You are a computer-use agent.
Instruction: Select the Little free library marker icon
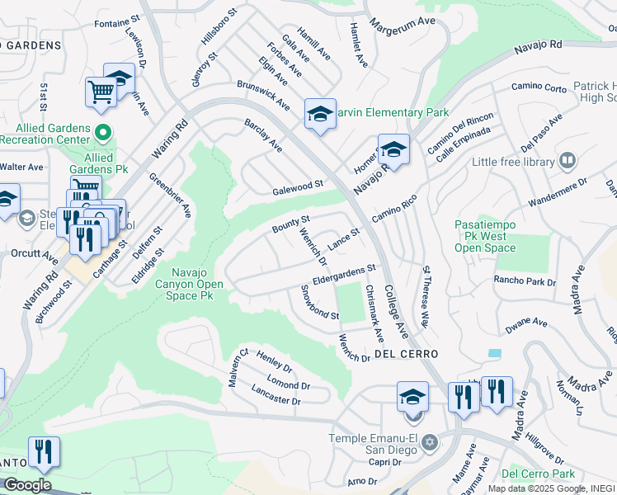tap(567, 161)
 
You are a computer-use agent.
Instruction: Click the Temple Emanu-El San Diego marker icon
tap(428, 443)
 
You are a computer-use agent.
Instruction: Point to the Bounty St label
tap(291, 224)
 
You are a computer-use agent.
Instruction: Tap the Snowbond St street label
tap(319, 303)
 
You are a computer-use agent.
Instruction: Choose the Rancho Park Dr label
tap(525, 280)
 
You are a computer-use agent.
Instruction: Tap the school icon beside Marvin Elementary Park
tap(319, 115)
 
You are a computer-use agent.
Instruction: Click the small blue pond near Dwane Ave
tap(494, 353)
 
